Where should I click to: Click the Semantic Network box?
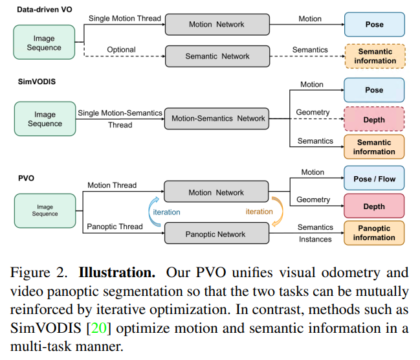click(217, 56)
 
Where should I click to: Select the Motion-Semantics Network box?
click(217, 118)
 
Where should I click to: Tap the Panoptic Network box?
click(217, 234)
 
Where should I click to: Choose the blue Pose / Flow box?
click(374, 179)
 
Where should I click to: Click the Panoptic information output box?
click(374, 233)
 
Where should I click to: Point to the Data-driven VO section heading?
click(43, 8)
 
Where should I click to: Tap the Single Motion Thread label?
click(124, 18)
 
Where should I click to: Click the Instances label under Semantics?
click(315, 240)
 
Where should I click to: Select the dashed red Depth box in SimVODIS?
click(374, 120)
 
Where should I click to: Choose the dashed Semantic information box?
click(374, 56)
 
